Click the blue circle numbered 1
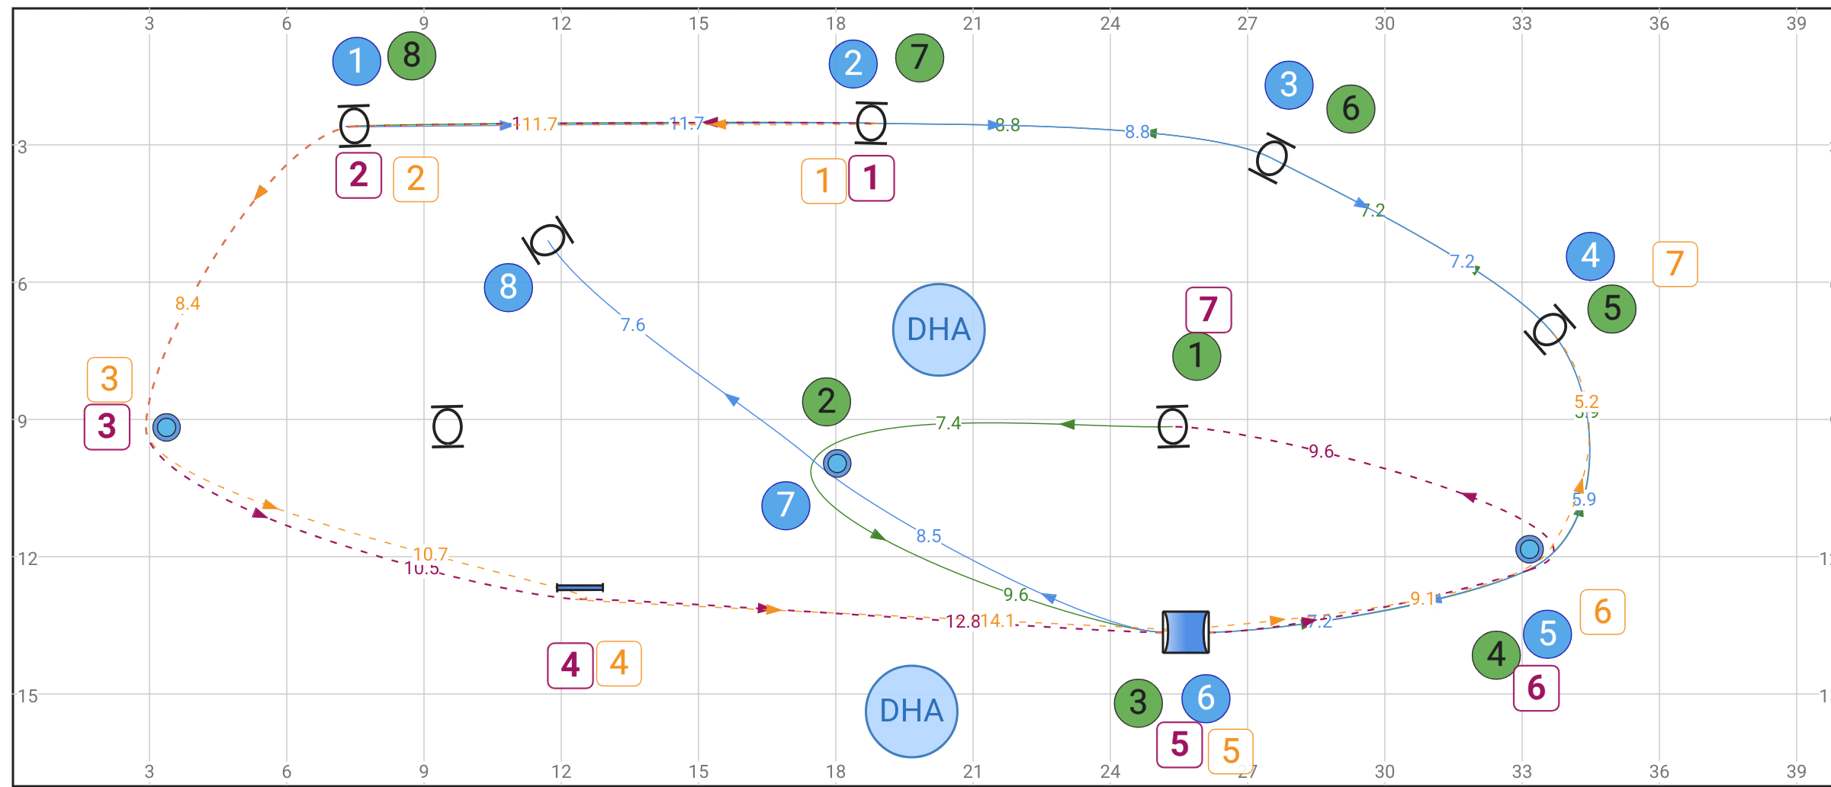tap(356, 61)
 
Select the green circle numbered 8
tap(412, 56)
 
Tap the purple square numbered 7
tap(1208, 310)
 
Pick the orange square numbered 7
tap(1675, 264)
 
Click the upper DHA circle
tap(938, 329)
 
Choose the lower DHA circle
tap(911, 711)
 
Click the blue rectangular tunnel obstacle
tap(1185, 631)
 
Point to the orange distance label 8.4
tap(187, 304)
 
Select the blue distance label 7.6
tap(632, 325)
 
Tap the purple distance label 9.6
tap(1321, 451)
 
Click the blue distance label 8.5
tap(928, 536)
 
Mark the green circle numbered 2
tap(826, 401)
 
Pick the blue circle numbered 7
tap(785, 505)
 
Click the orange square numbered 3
tap(109, 379)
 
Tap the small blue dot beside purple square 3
tap(166, 427)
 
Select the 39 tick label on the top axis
tap(1796, 23)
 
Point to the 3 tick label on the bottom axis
tap(149, 771)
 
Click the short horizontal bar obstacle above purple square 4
tap(580, 587)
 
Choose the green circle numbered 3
tap(1138, 702)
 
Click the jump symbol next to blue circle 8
tap(548, 240)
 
